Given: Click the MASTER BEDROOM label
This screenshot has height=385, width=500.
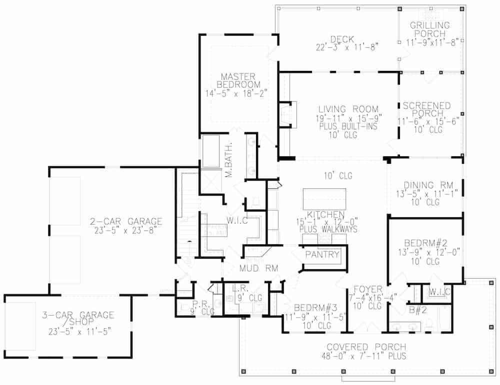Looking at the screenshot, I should point(237,80).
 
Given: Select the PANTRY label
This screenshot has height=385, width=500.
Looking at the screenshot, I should point(322,255).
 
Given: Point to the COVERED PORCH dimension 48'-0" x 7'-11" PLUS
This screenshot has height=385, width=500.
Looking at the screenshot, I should point(366,356).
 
